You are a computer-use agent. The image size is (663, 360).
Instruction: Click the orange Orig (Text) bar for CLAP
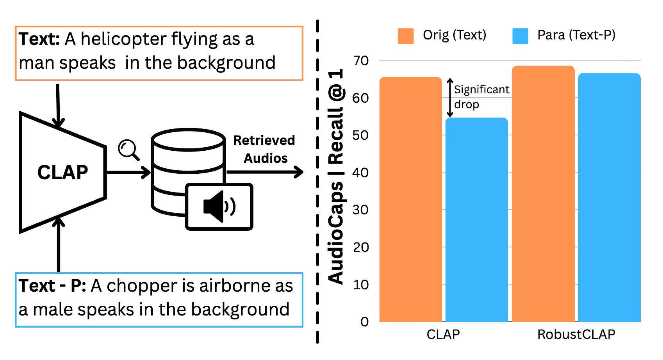click(x=410, y=199)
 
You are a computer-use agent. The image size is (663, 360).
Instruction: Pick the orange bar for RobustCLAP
click(x=543, y=194)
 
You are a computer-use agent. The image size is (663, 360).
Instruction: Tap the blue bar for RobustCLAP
click(x=609, y=197)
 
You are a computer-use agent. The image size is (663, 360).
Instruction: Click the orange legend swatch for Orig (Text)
click(x=406, y=36)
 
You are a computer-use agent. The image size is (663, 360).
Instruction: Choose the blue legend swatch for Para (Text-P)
click(x=520, y=36)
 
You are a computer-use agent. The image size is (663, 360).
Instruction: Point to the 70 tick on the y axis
click(x=361, y=61)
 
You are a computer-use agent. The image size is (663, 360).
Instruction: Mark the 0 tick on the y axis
click(x=365, y=322)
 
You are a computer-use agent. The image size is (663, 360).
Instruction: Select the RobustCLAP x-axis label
click(x=576, y=335)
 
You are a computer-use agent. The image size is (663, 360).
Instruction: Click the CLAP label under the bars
click(x=443, y=335)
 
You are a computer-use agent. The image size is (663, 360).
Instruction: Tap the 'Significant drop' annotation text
click(x=481, y=97)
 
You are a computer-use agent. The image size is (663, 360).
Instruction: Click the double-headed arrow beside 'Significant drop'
click(x=450, y=98)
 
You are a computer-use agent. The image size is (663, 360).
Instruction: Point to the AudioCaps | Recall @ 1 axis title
click(x=336, y=176)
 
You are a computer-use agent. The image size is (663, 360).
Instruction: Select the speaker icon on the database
click(x=219, y=207)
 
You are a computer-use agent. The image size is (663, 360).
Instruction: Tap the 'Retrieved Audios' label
click(x=264, y=149)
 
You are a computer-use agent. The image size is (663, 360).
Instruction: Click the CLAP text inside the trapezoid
click(x=62, y=173)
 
